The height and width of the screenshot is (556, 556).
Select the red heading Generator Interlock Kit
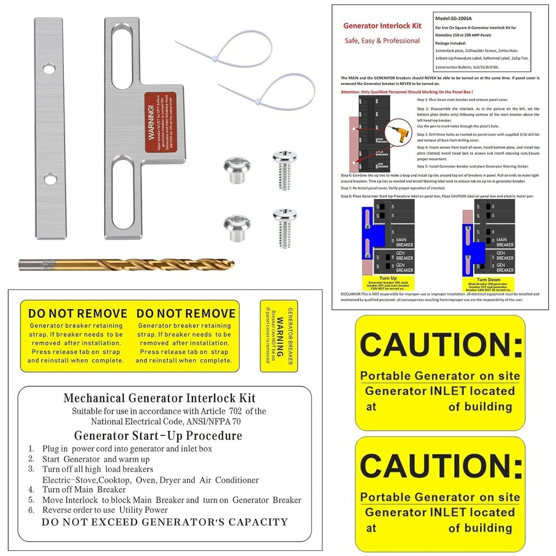click(x=382, y=26)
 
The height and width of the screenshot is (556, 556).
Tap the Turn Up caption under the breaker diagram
click(x=387, y=278)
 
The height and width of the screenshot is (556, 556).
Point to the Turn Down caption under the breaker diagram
click(x=489, y=280)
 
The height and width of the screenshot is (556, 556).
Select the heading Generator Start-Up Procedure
click(x=158, y=435)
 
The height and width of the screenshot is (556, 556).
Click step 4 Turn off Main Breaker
click(x=83, y=489)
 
